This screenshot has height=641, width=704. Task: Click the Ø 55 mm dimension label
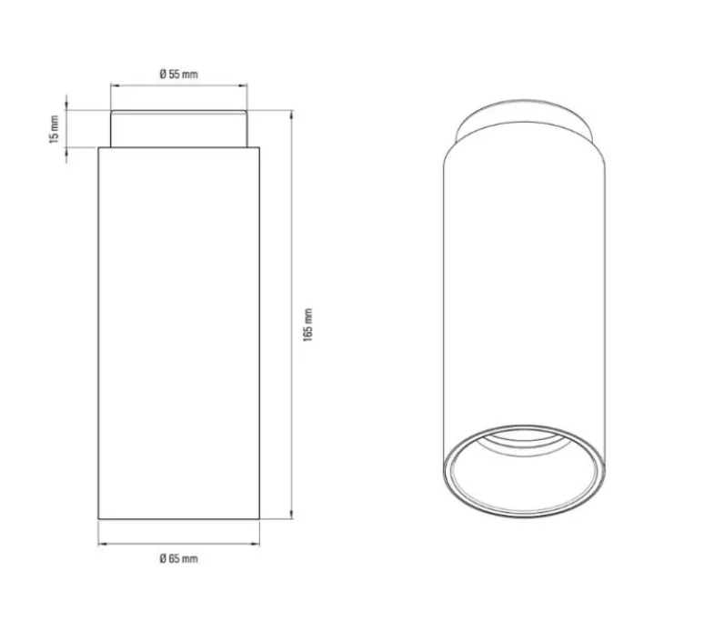coord(178,74)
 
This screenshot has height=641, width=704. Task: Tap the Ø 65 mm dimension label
coord(178,558)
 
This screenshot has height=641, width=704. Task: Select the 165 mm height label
coord(308,325)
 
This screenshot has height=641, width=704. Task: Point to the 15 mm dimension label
coord(55,129)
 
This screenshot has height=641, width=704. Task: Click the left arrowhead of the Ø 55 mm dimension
coord(115,85)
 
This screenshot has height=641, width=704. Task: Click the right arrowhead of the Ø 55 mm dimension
coord(243,85)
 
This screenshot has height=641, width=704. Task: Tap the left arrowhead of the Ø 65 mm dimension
coord(103,544)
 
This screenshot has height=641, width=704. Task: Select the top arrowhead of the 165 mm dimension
coord(292,115)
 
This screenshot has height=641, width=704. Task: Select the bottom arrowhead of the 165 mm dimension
coord(292,515)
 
